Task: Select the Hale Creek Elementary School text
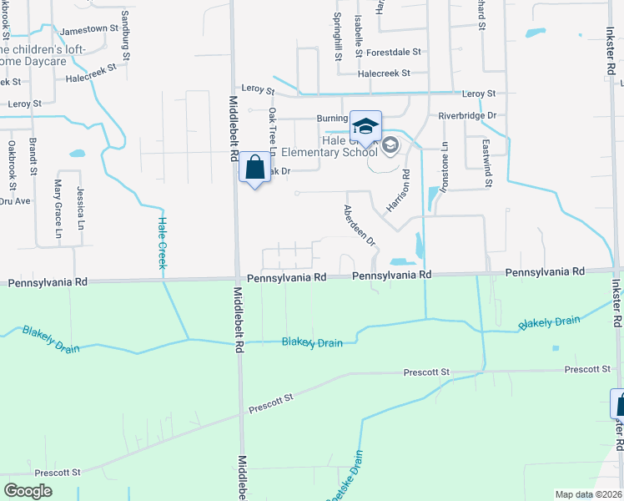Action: tap(330, 146)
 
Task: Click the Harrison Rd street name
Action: tap(399, 190)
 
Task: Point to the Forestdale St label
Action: tap(393, 52)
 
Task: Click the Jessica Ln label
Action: tap(81, 208)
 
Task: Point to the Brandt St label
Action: tap(33, 156)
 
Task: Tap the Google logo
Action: tap(28, 491)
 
